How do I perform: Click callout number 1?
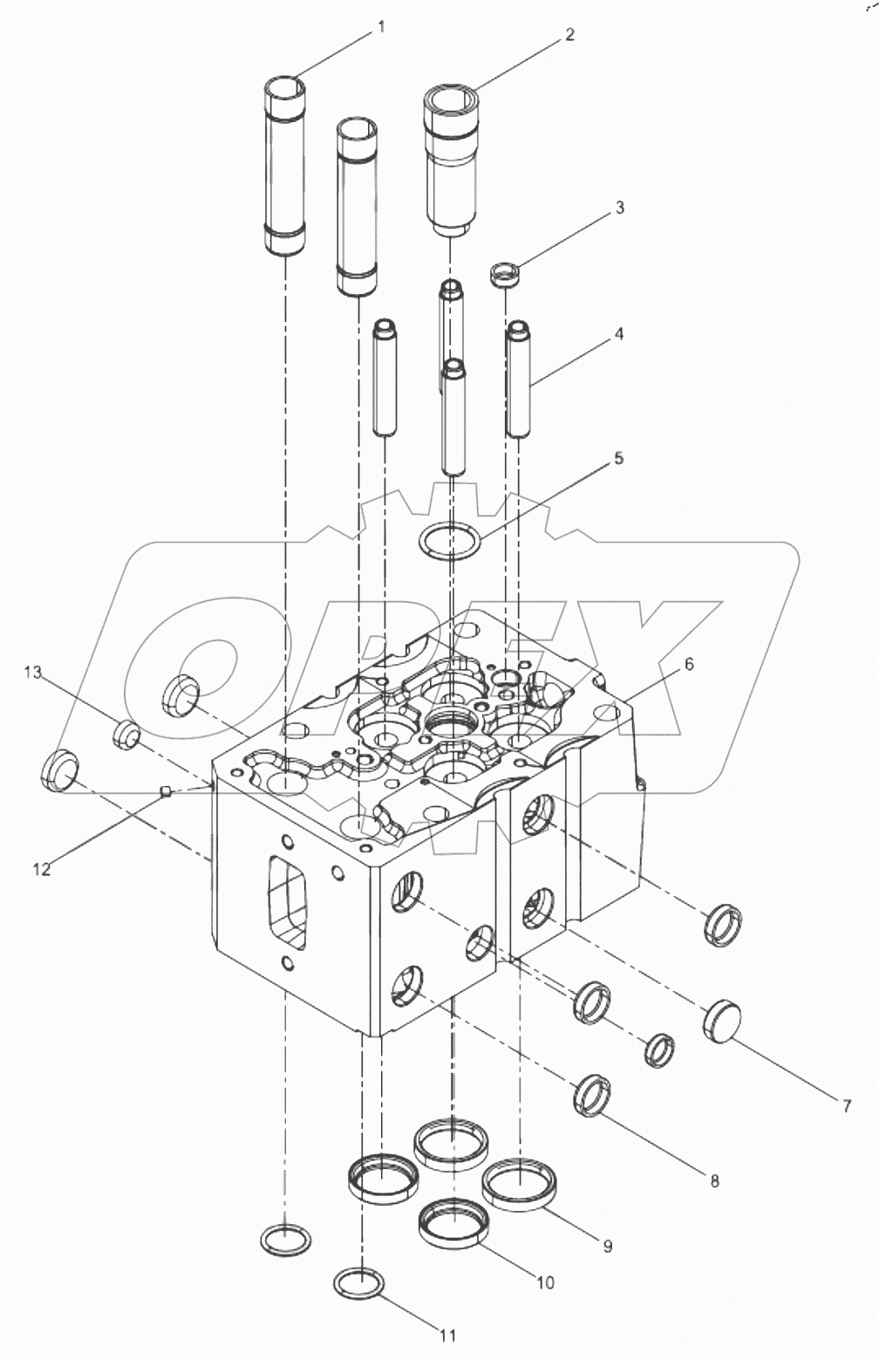380,28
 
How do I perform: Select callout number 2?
569,35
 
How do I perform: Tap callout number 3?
620,208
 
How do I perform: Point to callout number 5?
619,457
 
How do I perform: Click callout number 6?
689,665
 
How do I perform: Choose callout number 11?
447,1335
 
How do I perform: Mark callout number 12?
42,869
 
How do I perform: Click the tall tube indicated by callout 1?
286,166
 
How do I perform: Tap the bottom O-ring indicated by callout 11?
358,1282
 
